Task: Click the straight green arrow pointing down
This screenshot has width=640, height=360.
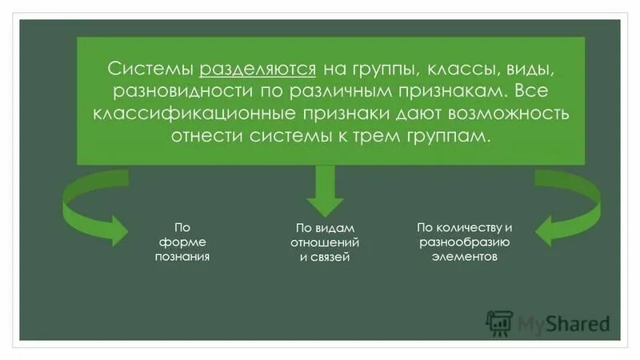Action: point(324,188)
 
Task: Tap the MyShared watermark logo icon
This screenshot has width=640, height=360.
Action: point(499,322)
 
